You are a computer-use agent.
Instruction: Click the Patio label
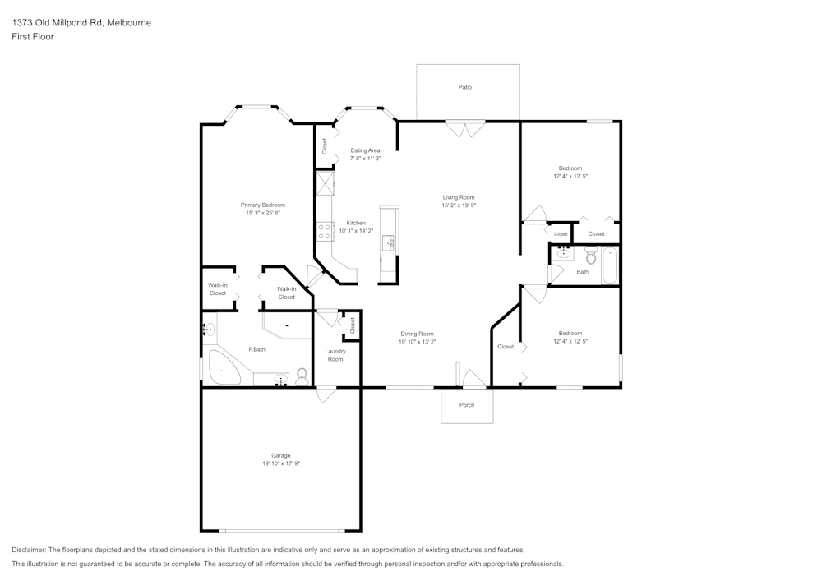(465, 87)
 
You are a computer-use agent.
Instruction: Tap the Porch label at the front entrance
(467, 405)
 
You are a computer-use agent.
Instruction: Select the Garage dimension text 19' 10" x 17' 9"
(281, 463)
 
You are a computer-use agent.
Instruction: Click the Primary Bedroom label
(263, 205)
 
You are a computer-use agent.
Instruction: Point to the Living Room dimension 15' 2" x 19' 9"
(459, 205)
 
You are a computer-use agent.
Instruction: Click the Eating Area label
(366, 150)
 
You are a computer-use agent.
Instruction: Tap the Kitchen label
(356, 223)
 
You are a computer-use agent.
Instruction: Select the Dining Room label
(418, 334)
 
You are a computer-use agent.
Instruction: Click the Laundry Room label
(335, 355)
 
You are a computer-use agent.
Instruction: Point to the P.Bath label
(256, 349)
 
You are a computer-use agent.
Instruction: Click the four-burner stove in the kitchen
(325, 232)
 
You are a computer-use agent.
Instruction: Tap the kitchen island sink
(389, 243)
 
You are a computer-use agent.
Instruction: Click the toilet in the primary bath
(302, 376)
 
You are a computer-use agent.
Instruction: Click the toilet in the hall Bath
(591, 255)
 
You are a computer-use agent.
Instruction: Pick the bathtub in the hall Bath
(610, 265)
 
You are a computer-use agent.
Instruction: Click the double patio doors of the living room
(465, 129)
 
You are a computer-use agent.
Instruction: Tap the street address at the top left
(81, 22)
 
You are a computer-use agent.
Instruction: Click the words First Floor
(33, 37)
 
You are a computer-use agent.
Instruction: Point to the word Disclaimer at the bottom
(29, 550)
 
